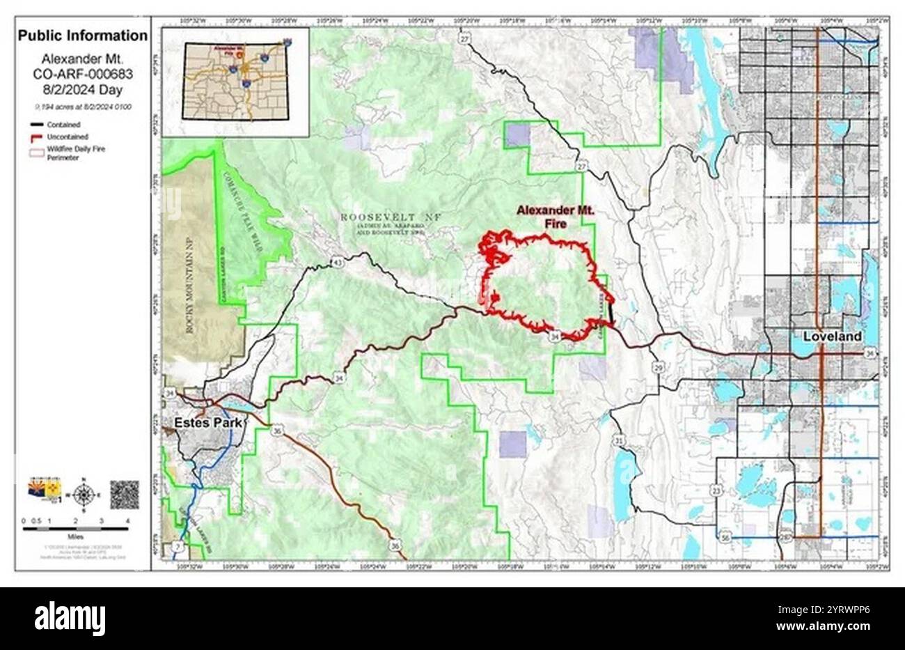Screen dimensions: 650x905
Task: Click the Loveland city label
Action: [x=832, y=336]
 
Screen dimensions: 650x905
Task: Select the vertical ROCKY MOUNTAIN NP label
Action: [x=188, y=285]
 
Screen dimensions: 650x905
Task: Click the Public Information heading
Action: [x=83, y=36]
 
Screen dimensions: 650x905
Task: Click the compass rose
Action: [x=84, y=495]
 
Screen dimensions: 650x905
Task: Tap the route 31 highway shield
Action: [x=619, y=440]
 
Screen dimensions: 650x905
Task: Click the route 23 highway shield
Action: [x=716, y=491]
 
